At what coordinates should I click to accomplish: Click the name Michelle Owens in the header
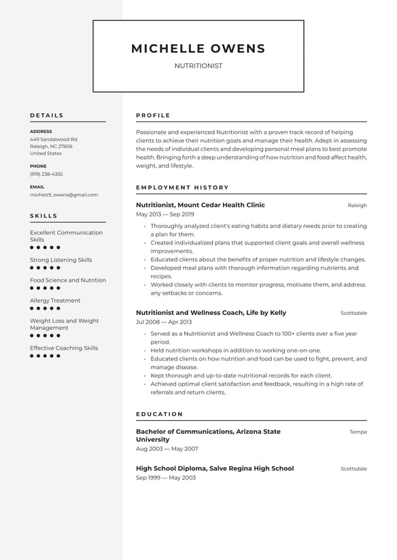198,48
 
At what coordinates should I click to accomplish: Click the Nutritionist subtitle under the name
198,66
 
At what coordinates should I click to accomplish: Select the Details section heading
47,115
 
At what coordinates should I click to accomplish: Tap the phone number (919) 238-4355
46,174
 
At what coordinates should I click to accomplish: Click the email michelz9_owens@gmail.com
64,194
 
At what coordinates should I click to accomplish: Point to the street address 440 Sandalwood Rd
53,139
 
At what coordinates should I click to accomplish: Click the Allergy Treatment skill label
55,301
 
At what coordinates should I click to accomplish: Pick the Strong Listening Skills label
61,260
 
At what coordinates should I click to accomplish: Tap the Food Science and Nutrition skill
68,280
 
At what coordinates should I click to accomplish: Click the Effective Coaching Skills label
64,348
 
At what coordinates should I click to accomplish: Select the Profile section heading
153,115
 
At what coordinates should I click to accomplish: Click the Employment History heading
182,187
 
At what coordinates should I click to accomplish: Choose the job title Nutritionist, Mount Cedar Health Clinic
201,205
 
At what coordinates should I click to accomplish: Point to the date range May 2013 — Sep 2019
165,214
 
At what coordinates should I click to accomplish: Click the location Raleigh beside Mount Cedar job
357,205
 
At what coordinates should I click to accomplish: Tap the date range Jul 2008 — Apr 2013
164,322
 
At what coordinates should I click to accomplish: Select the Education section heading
159,414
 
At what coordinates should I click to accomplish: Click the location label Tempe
358,432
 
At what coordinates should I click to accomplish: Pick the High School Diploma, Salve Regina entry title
215,468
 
